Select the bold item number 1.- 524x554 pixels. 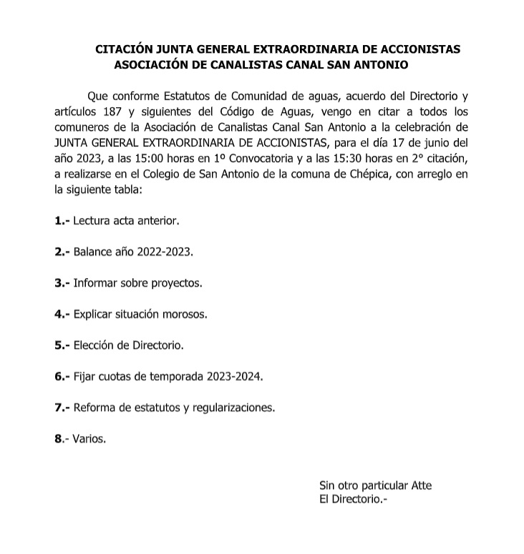coord(62,221)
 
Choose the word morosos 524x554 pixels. coord(190,315)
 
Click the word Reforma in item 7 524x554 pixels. coord(94,407)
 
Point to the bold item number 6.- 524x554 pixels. coord(62,377)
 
